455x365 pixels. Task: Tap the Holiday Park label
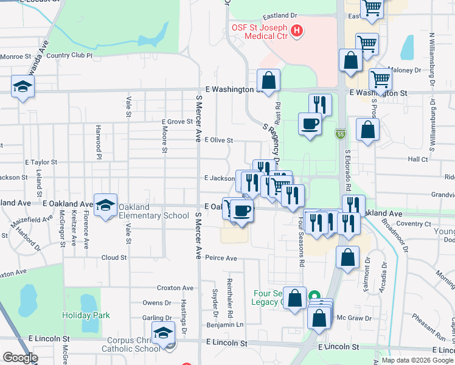click(x=86, y=315)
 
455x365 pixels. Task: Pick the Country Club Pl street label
click(x=69, y=55)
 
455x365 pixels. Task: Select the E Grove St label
click(x=177, y=122)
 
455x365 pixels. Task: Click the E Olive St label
click(x=218, y=140)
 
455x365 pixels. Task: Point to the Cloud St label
click(x=114, y=257)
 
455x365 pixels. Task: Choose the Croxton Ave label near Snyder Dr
click(x=175, y=288)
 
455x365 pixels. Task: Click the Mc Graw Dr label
click(x=350, y=318)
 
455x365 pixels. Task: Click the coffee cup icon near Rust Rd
click(x=310, y=124)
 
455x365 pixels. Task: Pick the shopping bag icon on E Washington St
click(x=268, y=80)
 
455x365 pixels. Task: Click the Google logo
click(x=19, y=358)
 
